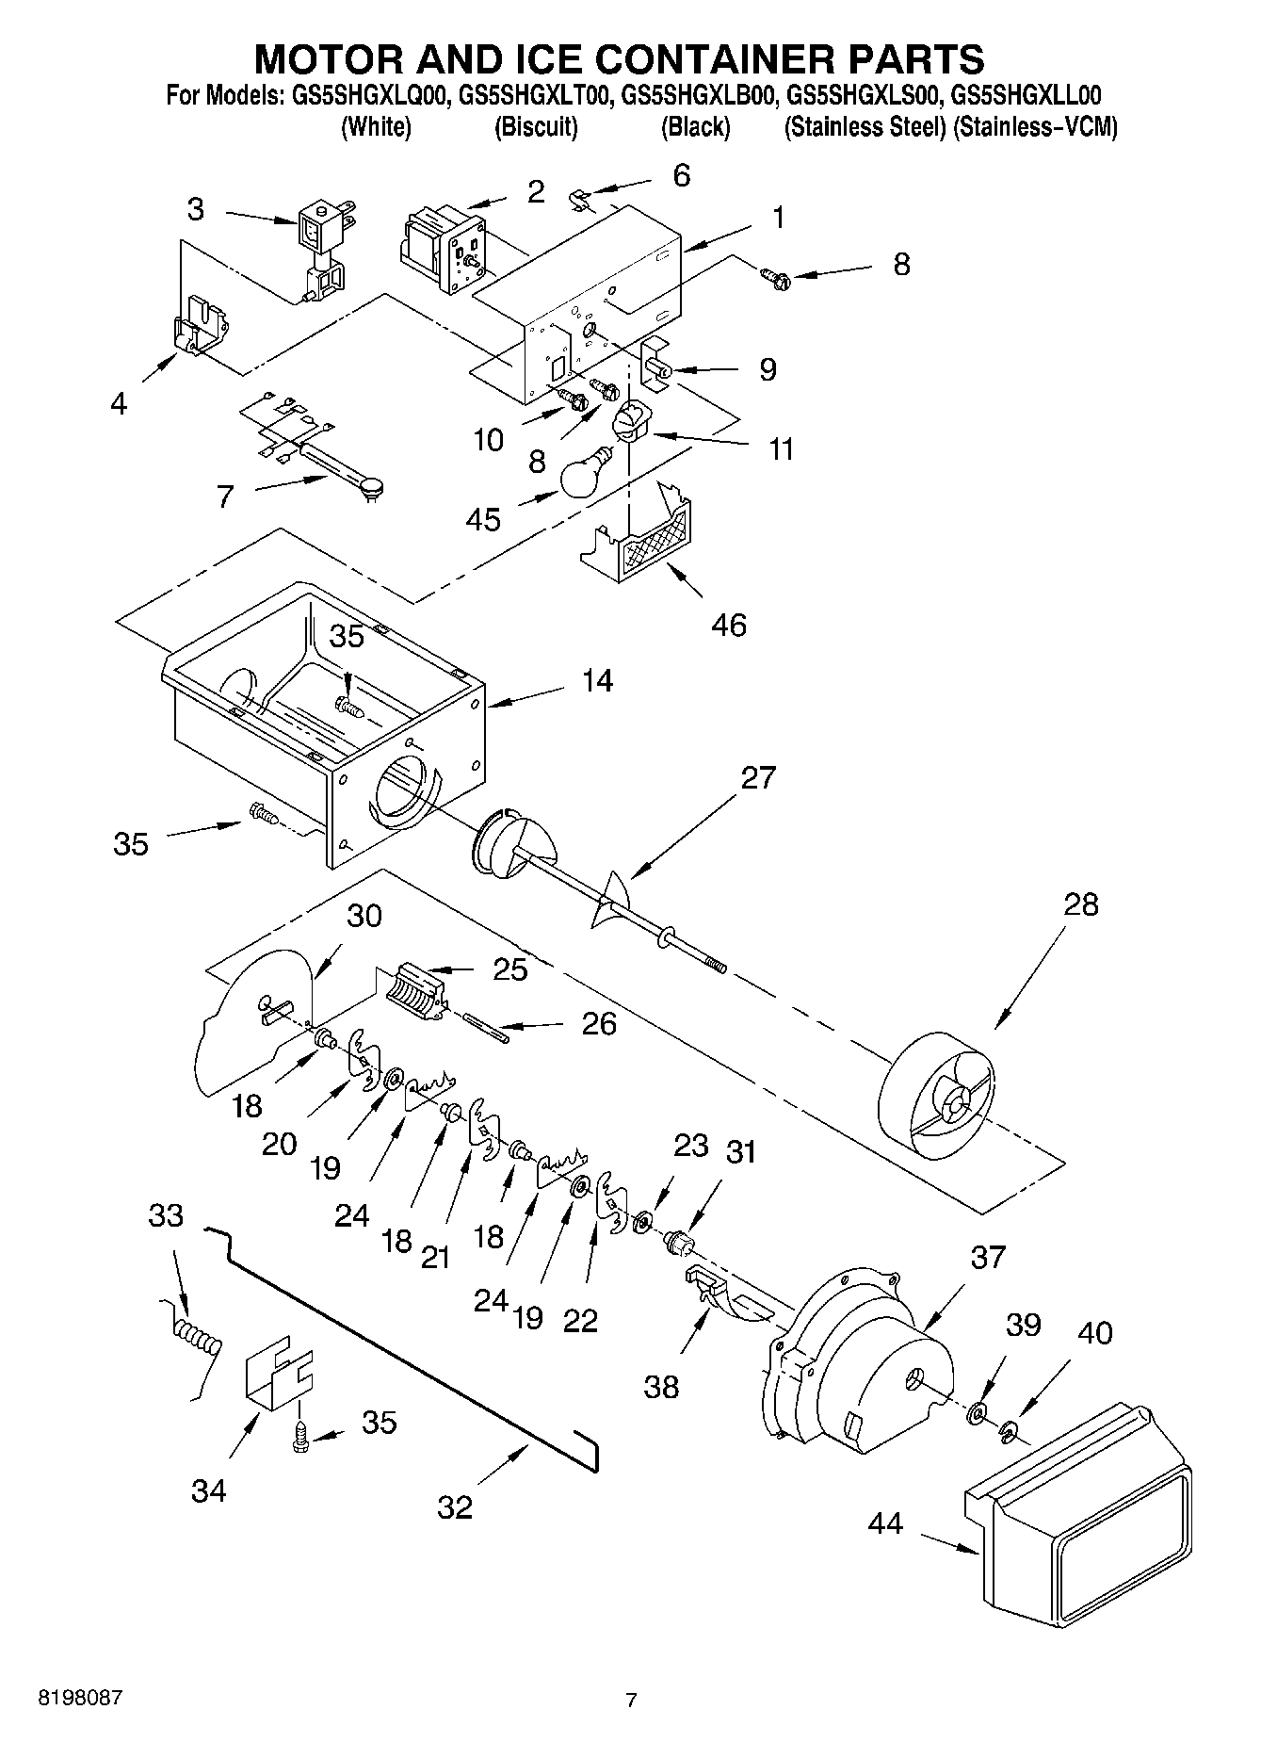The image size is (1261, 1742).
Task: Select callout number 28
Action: tap(1080, 904)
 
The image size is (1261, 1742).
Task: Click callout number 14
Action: tap(597, 680)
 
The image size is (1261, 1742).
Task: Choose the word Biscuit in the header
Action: tap(536, 127)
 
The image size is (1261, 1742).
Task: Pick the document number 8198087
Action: tap(80, 1698)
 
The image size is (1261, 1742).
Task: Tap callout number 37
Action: tap(988, 1257)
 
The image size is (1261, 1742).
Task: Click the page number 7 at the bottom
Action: tap(631, 1700)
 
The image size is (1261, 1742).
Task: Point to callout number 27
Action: tap(758, 777)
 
